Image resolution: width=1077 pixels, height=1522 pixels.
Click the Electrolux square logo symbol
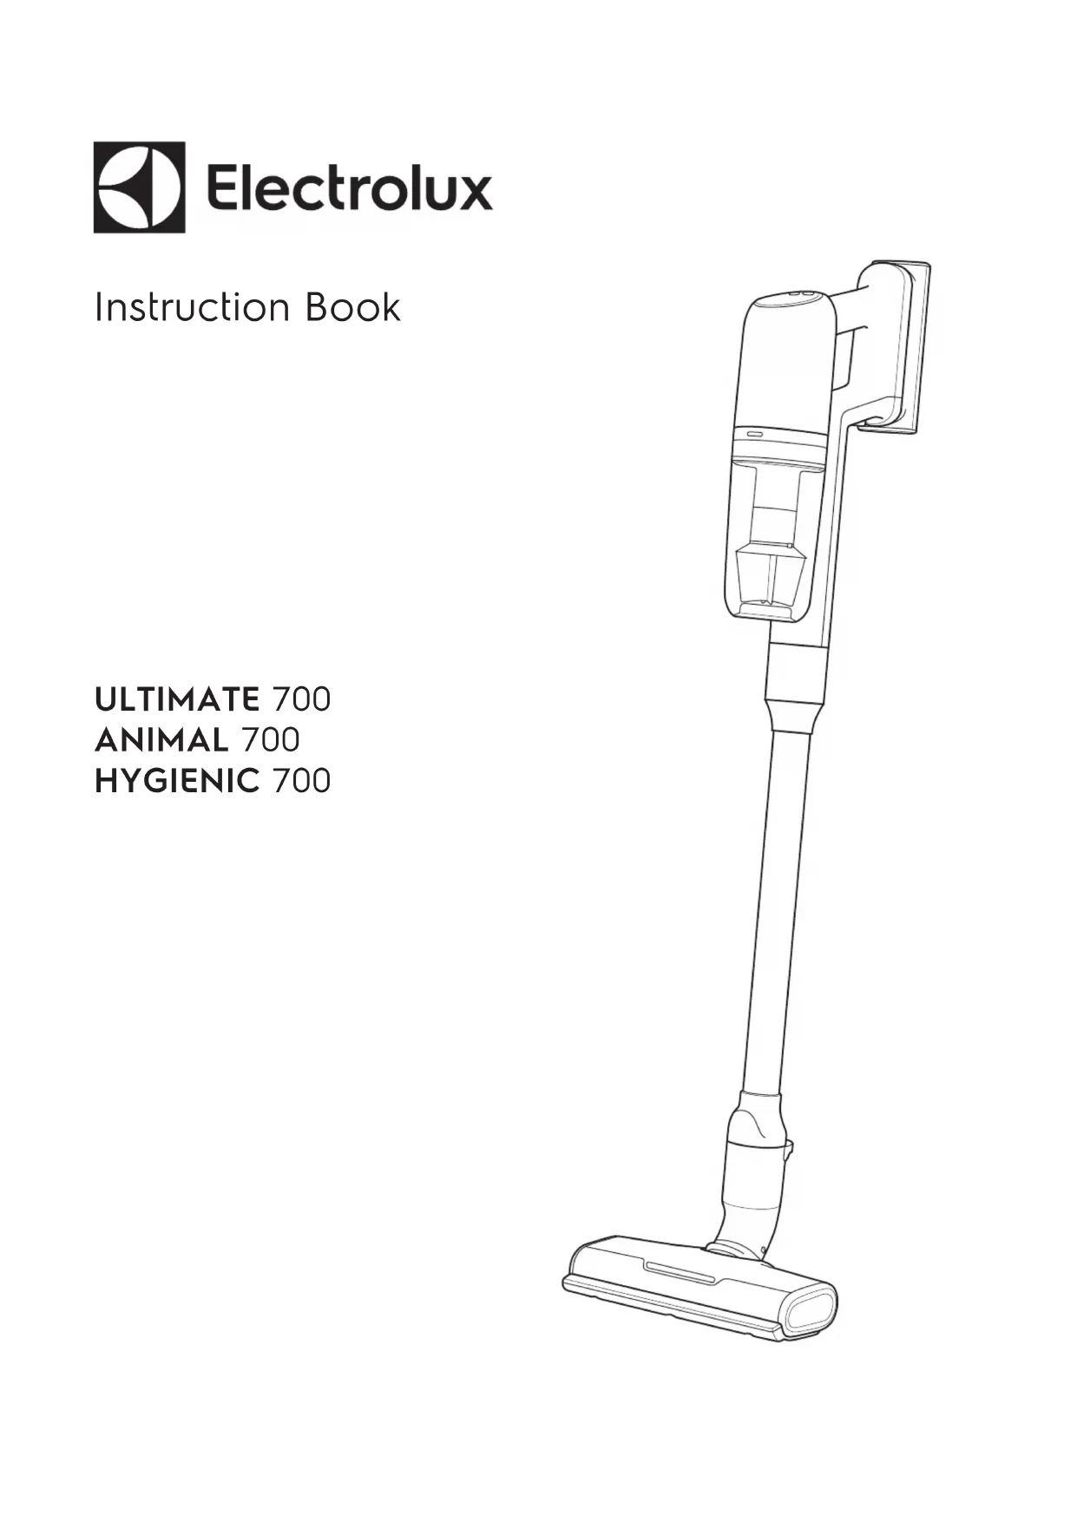(x=139, y=187)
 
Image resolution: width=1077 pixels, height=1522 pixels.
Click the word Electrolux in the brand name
(x=349, y=188)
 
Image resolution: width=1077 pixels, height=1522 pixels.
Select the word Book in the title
(x=352, y=308)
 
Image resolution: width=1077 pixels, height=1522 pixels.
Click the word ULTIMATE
(x=177, y=699)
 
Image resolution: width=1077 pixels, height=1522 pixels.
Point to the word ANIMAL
(x=161, y=740)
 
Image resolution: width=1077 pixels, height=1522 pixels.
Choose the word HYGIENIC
(x=177, y=781)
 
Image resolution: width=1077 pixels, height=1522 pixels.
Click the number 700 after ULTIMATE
(x=302, y=699)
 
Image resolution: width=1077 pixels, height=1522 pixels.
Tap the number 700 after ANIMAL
(x=271, y=740)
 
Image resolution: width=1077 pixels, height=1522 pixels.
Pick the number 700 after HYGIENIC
(x=302, y=781)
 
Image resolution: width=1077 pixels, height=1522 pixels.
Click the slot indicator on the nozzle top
(x=680, y=1273)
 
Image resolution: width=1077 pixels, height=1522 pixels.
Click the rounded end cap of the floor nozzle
(x=811, y=1312)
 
